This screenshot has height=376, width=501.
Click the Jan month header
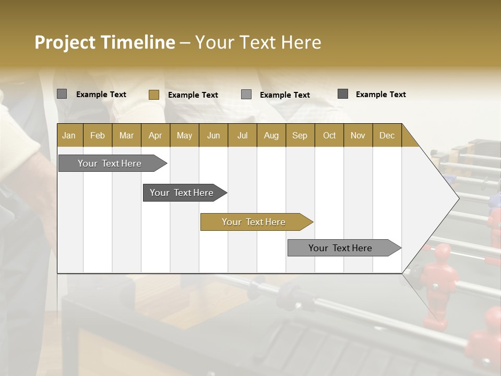tap(69, 135)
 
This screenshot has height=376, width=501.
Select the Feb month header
tap(98, 135)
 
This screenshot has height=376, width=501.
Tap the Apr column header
tap(155, 135)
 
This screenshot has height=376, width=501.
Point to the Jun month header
tap(213, 135)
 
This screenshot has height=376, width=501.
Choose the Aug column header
tap(271, 135)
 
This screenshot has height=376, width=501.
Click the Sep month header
tap(300, 135)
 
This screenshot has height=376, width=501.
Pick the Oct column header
tap(329, 135)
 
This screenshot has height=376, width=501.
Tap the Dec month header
tap(387, 135)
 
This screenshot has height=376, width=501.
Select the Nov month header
tap(357, 135)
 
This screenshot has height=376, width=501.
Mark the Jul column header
tap(242, 135)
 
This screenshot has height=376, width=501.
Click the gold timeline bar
tap(254, 222)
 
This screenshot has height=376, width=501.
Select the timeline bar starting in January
tap(110, 163)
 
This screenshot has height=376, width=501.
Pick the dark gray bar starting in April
tap(182, 193)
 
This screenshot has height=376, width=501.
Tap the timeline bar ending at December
tap(341, 248)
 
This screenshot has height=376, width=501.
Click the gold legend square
tap(153, 95)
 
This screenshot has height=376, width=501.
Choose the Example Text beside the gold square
tap(193, 95)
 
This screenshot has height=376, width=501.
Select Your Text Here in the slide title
tap(258, 42)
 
